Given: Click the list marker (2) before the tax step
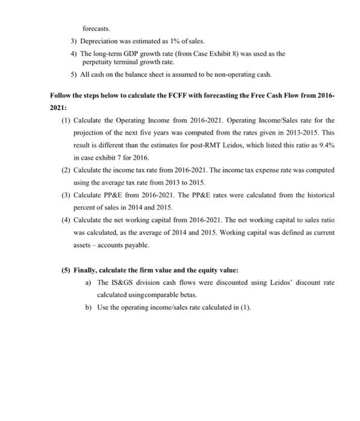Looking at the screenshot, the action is coord(62,170).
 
